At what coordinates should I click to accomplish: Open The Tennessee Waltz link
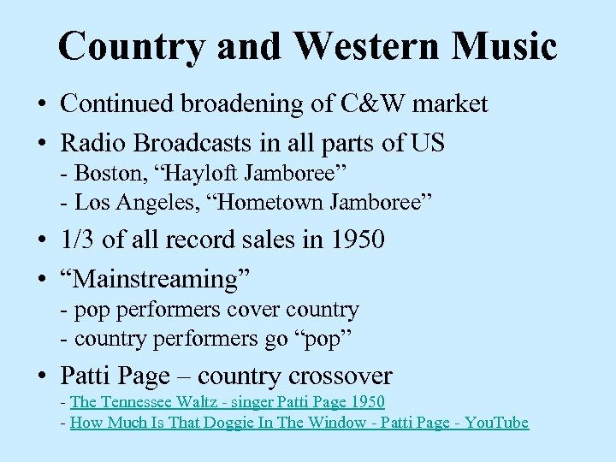pyautogui.click(x=228, y=402)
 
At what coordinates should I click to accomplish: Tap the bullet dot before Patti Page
pyautogui.click(x=41, y=377)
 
